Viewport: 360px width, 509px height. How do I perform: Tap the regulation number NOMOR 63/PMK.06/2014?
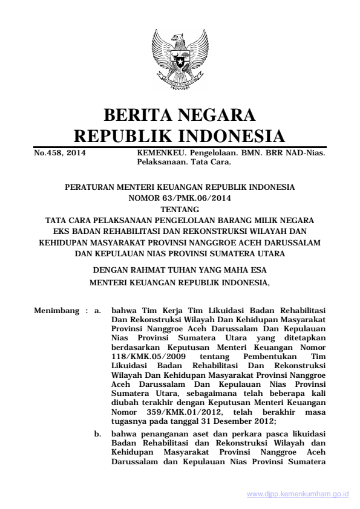(x=180, y=197)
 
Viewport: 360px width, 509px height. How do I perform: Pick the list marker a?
(x=96, y=312)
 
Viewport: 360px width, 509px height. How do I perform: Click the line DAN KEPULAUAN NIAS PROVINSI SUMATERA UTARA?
(x=180, y=253)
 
